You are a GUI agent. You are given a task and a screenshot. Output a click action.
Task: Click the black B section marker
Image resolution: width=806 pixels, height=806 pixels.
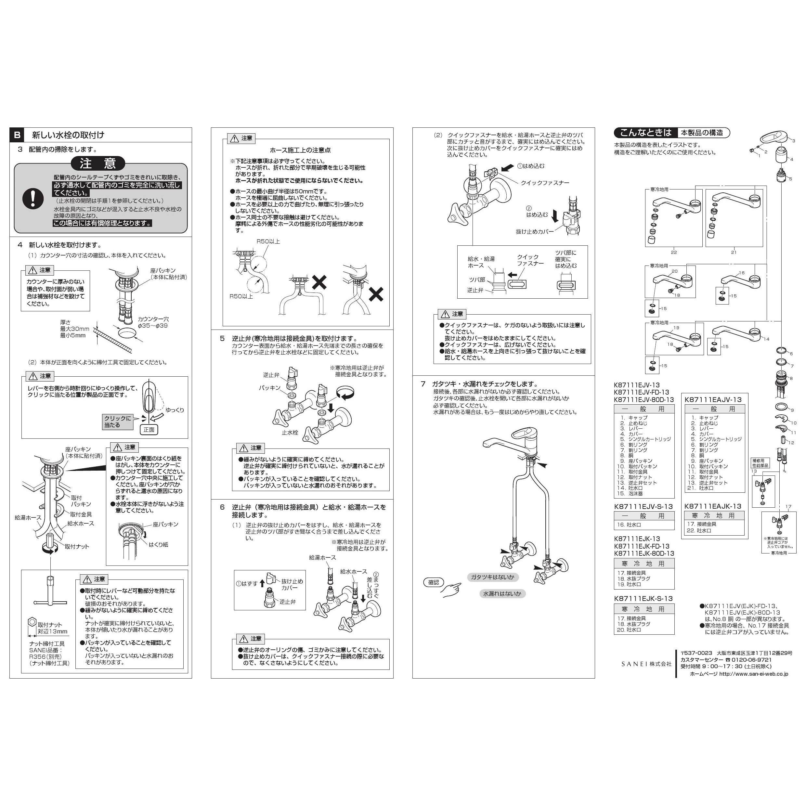point(17,135)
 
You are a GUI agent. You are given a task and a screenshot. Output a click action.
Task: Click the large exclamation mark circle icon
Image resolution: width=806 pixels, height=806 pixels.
point(32,199)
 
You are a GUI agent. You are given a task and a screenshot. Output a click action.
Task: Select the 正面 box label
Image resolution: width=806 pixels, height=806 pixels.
point(149,430)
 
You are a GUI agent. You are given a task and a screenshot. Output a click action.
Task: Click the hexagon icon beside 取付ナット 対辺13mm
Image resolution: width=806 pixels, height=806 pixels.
point(32,622)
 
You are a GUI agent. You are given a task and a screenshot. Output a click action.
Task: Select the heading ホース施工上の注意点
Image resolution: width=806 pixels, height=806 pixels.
point(300,150)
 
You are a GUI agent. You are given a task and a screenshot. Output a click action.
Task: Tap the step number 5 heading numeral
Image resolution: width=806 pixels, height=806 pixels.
point(222,338)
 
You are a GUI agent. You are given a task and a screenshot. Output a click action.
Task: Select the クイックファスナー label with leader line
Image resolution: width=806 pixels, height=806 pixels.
point(545,183)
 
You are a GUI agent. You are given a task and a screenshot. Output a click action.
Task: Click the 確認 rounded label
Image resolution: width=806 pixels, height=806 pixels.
point(434,582)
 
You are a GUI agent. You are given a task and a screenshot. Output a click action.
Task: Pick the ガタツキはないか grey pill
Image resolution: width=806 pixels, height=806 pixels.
point(492,578)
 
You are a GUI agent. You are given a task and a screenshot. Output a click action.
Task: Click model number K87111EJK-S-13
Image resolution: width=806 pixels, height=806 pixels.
point(643,598)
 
